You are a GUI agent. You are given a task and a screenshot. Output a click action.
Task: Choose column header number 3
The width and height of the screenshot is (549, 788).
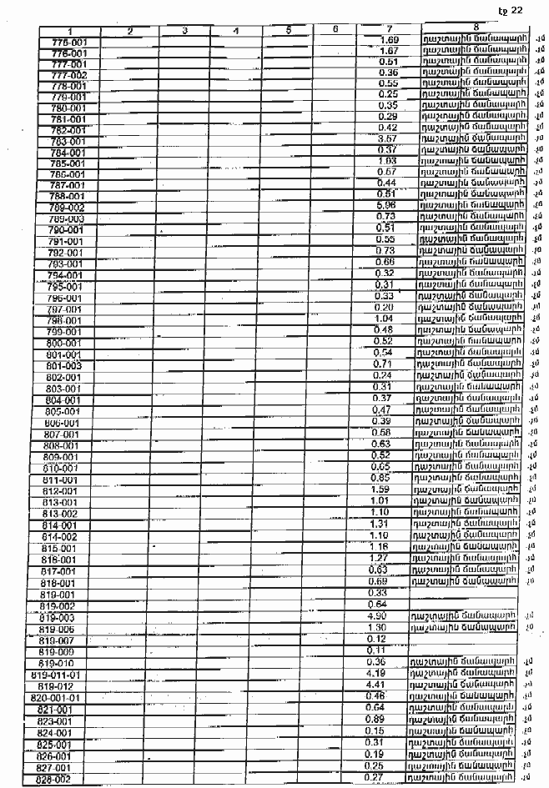point(184,31)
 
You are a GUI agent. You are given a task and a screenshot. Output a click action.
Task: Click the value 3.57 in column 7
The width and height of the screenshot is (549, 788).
point(386,138)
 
